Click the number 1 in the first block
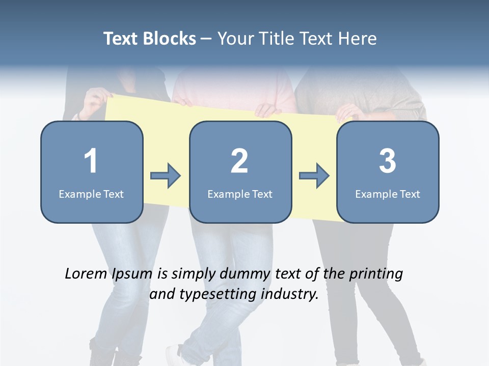[91, 161]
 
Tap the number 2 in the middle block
[239, 161]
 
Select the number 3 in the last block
[388, 161]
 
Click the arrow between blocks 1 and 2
[166, 176]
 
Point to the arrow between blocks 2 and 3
[314, 176]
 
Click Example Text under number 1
[91, 194]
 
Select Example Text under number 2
[240, 194]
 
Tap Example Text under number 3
[388, 194]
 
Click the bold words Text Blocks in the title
[150, 39]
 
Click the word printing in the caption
[376, 274]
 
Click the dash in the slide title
[206, 39]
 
